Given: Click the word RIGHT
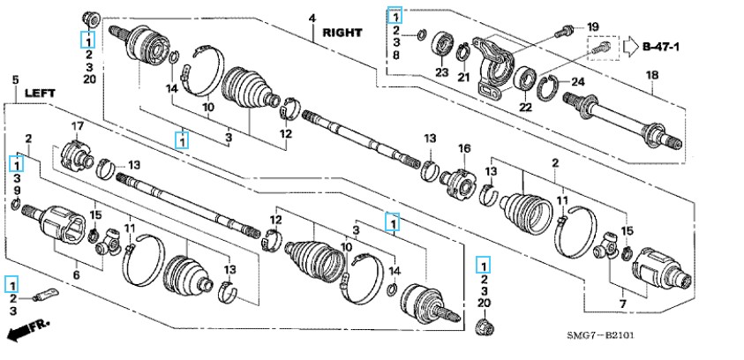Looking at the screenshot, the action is [342, 33].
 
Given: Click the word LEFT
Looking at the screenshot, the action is [40, 94].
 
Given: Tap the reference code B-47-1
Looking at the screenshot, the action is [661, 47].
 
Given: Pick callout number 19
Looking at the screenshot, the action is [592, 26].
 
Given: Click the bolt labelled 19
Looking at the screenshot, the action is [564, 31].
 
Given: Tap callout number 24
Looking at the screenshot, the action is [577, 82].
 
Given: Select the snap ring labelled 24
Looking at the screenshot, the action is [547, 88].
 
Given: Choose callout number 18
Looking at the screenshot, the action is [652, 75].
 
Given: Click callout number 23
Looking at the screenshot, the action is [442, 73].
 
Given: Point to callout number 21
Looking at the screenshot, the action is [463, 78].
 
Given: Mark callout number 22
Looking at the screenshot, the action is [525, 107].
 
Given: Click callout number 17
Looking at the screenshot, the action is [77, 127].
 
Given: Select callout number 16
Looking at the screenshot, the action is [463, 149].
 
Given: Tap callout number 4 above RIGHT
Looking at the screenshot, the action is [312, 19].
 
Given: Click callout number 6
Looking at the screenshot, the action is [76, 274].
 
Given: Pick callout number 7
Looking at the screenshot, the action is [623, 304].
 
